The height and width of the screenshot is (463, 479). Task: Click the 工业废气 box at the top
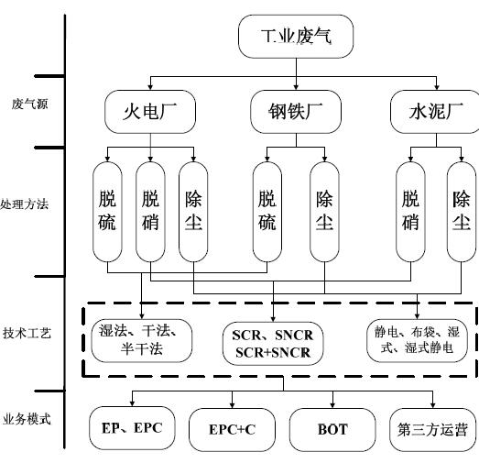pyautogui.click(x=296, y=37)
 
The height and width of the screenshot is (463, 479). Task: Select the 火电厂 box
pyautogui.click(x=150, y=112)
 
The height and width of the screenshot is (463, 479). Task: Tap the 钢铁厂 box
pyautogui.click(x=296, y=112)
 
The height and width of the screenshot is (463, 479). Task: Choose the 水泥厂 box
pyautogui.click(x=436, y=112)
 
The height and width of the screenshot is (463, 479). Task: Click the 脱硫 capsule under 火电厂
pyautogui.click(x=107, y=212)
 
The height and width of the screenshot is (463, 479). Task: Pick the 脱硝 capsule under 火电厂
pyautogui.click(x=150, y=212)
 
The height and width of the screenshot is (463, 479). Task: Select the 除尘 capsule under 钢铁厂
pyautogui.click(x=324, y=212)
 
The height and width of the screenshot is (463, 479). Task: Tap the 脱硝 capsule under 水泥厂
pyautogui.click(x=410, y=212)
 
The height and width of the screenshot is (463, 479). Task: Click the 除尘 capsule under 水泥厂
pyautogui.click(x=462, y=212)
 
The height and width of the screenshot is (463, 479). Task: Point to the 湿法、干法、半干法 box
pyautogui.click(x=142, y=341)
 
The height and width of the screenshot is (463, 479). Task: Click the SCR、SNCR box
pyautogui.click(x=273, y=344)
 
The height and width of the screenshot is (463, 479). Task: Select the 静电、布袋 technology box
pyautogui.click(x=417, y=341)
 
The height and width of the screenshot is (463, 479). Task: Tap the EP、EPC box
pyautogui.click(x=132, y=428)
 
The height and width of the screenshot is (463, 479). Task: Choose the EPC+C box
pyautogui.click(x=232, y=430)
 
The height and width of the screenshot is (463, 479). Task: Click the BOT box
pyautogui.click(x=332, y=430)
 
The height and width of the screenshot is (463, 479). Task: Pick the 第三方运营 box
pyautogui.click(x=432, y=430)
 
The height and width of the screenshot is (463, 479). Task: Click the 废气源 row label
pyautogui.click(x=29, y=104)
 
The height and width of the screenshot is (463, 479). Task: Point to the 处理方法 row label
pyautogui.click(x=24, y=204)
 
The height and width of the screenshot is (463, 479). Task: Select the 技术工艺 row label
pyautogui.click(x=27, y=333)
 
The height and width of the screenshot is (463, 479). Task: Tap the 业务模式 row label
pyautogui.click(x=27, y=419)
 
